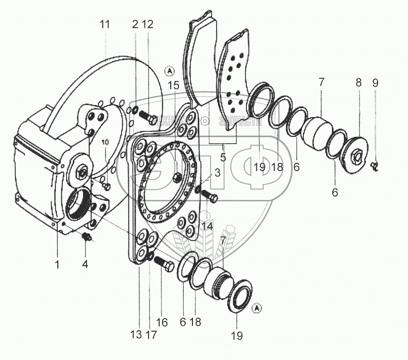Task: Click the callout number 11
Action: pyautogui.click(x=105, y=25)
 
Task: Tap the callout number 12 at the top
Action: pyautogui.click(x=147, y=25)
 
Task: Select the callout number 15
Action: pyautogui.click(x=174, y=85)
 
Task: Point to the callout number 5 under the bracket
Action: pyautogui.click(x=223, y=157)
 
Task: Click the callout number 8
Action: pyautogui.click(x=358, y=82)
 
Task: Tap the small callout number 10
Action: pyautogui.click(x=105, y=143)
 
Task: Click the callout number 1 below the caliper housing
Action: pyautogui.click(x=57, y=264)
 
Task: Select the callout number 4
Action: pyautogui.click(x=85, y=264)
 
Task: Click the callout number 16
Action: pyautogui.click(x=162, y=322)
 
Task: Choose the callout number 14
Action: pyautogui.click(x=207, y=225)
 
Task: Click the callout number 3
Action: pyautogui.click(x=218, y=173)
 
